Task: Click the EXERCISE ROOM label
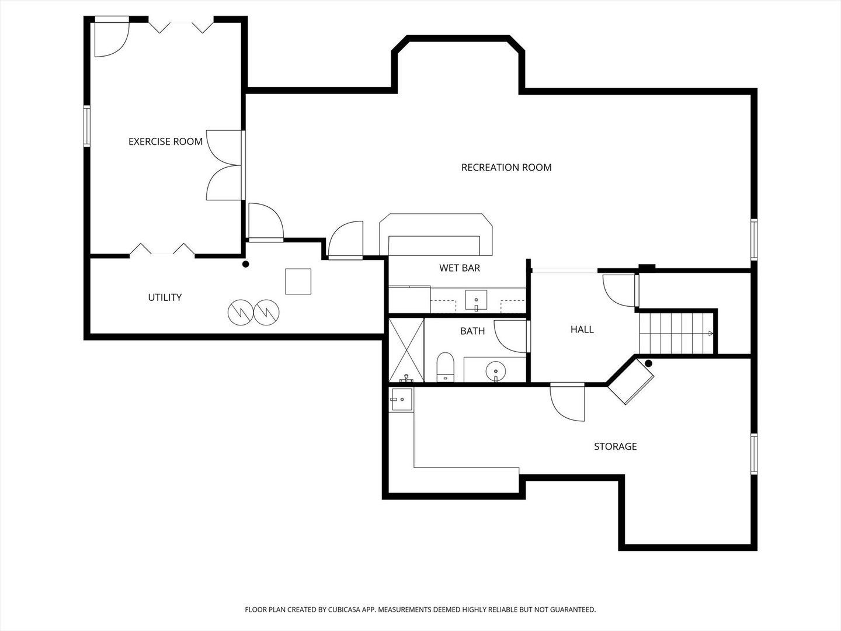[x=165, y=141]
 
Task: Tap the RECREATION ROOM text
[x=506, y=167]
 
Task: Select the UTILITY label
[x=165, y=297]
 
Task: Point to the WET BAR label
[x=460, y=268]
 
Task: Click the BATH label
[x=472, y=331]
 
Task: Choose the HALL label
[x=582, y=330]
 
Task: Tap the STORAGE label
[x=615, y=446]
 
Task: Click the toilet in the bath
[x=445, y=367]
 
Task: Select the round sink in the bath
[x=496, y=369]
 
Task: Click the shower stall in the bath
[x=406, y=349]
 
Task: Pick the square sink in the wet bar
[x=476, y=300]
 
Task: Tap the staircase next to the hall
[x=676, y=333]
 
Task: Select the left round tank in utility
[x=239, y=313]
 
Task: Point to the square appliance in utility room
[x=298, y=281]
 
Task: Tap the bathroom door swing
[x=510, y=336]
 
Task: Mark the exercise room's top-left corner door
[x=111, y=39]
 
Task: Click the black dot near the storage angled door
[x=648, y=363]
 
